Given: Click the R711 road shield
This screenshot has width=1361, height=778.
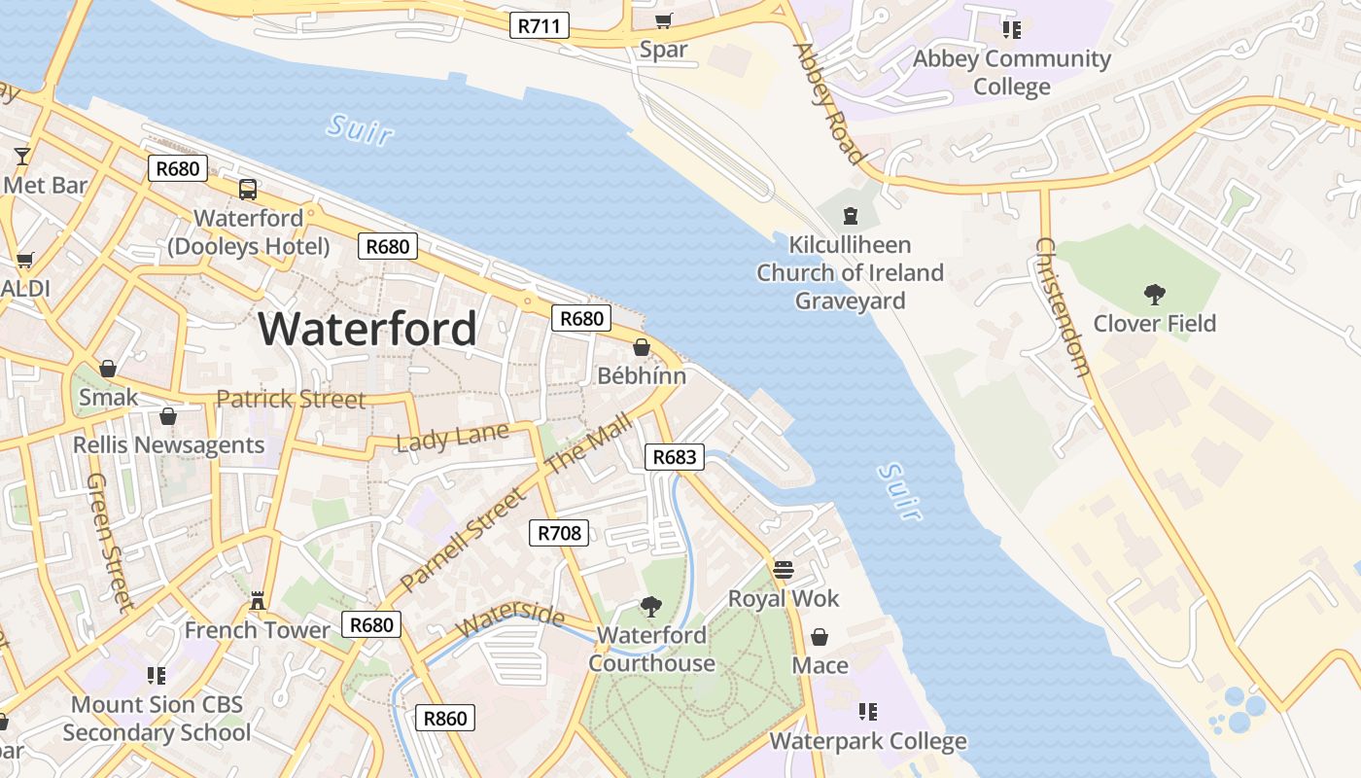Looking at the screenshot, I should coord(540,25).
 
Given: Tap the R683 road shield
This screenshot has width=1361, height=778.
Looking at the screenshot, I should coord(674,457).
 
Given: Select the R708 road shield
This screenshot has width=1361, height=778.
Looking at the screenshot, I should coord(559,532).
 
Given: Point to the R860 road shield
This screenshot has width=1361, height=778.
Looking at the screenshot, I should coord(446,719).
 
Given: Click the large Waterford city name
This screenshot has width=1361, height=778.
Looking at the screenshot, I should coord(367,329).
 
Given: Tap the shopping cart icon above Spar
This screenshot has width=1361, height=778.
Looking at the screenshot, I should coord(663,21).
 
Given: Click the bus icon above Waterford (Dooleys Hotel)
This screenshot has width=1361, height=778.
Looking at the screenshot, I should coord(248,190).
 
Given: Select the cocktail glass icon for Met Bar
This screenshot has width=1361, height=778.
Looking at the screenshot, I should coord(22,156).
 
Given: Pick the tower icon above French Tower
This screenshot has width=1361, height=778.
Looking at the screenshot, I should coord(258,601).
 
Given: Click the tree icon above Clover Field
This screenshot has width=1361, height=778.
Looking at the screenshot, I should coord(1155,294).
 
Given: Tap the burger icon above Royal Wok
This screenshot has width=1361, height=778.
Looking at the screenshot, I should coord(784,569).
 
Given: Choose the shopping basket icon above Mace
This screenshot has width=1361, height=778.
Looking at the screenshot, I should coord(820,637).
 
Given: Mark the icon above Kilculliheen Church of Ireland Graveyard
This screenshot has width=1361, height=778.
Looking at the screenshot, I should coord(851,215).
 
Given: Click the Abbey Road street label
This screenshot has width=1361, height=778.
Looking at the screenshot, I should coord(829,103).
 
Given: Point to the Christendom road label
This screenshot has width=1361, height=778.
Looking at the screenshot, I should coord(1063,306).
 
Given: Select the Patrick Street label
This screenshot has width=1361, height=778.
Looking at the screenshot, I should coord(291,399).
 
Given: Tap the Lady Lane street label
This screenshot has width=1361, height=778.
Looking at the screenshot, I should coord(452,438).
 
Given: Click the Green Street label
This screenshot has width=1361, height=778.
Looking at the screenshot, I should coord(109,542).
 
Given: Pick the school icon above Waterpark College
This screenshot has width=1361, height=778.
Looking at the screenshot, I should coord(867,712).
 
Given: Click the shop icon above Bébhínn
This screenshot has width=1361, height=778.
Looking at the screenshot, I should coord(642,347).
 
